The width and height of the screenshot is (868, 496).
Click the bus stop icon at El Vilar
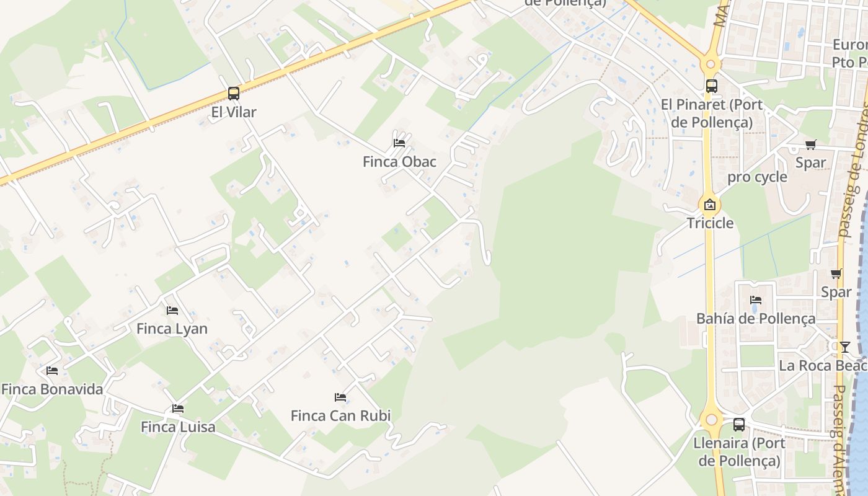click(x=233, y=94)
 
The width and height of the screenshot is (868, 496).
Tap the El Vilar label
click(x=233, y=112)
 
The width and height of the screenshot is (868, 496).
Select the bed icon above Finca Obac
click(x=399, y=143)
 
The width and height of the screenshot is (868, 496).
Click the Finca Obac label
click(x=399, y=162)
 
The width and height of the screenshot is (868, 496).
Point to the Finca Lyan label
click(x=172, y=329)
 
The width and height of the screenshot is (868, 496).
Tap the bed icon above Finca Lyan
click(x=172, y=310)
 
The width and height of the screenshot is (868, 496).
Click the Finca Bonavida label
click(x=52, y=389)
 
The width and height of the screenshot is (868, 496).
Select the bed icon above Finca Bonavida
click(x=52, y=371)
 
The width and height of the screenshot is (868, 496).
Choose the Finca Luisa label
click(x=178, y=427)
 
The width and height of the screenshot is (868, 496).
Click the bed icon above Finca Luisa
click(x=178, y=409)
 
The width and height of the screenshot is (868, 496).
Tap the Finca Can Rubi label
click(x=340, y=415)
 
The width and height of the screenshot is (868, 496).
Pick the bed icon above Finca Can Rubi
click(x=340, y=397)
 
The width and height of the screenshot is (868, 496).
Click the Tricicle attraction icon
click(x=710, y=205)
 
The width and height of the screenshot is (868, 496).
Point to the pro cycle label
click(x=757, y=177)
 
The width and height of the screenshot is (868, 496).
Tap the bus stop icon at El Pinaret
click(x=711, y=86)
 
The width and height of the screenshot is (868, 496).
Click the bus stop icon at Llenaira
click(x=739, y=425)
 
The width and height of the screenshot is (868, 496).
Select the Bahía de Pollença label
click(x=756, y=319)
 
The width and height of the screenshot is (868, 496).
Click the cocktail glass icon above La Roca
click(x=844, y=347)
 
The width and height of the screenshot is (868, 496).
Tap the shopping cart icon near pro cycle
click(x=810, y=144)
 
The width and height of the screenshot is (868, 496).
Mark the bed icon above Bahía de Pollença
click(x=756, y=300)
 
